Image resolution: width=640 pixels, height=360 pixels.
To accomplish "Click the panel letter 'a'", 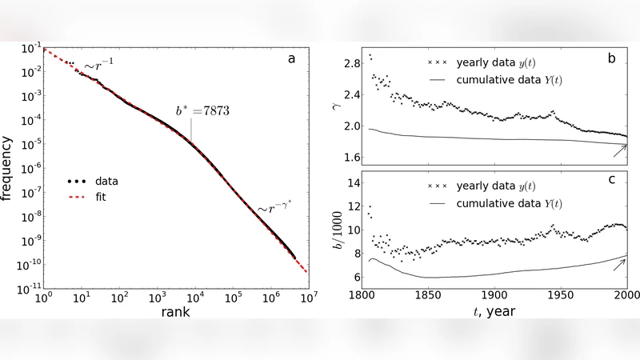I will [x=293, y=58].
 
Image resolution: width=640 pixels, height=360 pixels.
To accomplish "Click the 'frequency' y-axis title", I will [x=10, y=170].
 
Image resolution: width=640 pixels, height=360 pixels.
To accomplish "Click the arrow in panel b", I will [x=619, y=150].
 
